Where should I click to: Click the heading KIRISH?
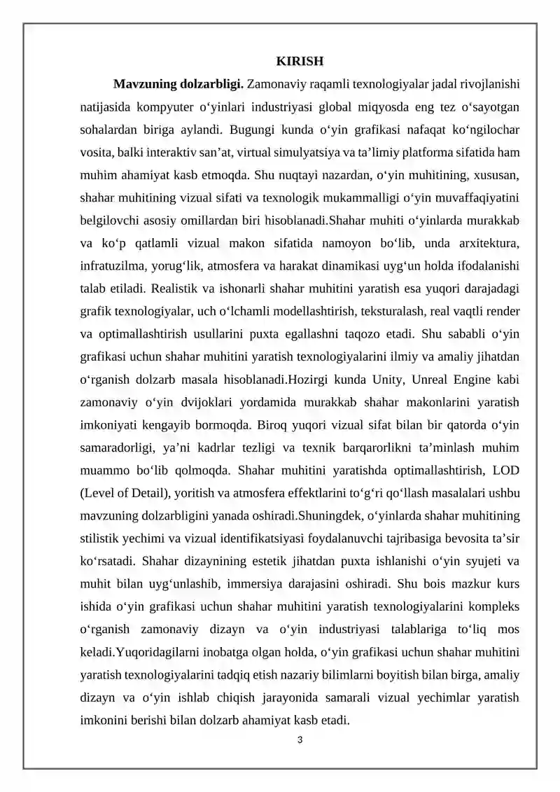tap(298, 61)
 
